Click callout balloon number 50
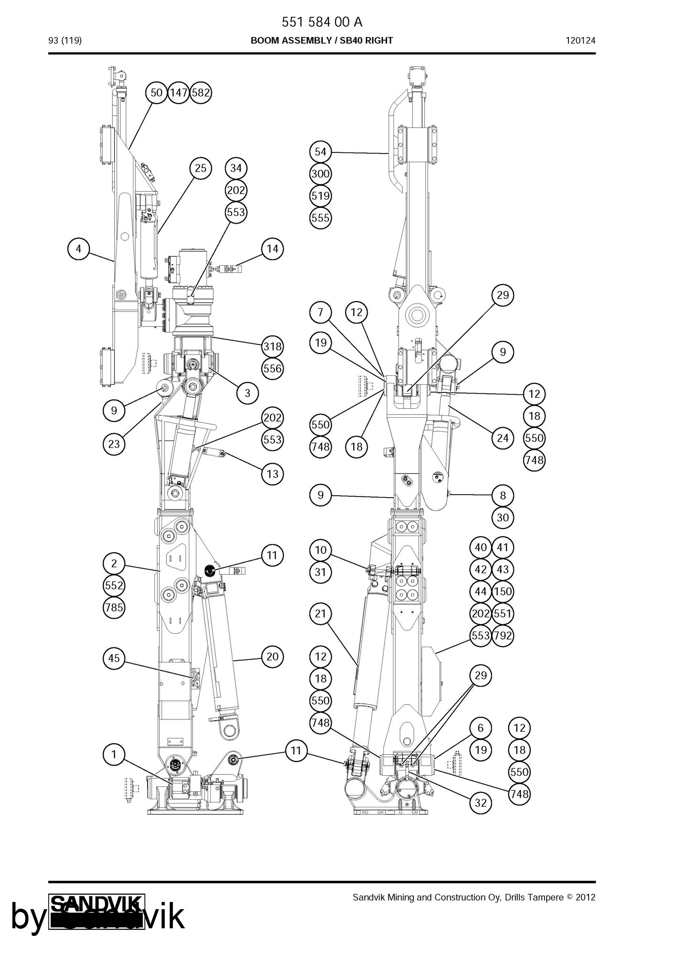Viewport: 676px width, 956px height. [x=156, y=92]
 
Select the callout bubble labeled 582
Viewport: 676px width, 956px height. [x=200, y=92]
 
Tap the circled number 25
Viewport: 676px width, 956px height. [x=201, y=168]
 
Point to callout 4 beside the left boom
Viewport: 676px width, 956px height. [x=78, y=249]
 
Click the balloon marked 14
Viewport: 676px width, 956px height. [x=273, y=249]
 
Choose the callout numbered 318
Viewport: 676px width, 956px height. [x=273, y=347]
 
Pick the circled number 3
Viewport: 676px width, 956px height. [x=248, y=393]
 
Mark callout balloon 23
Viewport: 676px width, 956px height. [x=114, y=444]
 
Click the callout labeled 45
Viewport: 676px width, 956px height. [x=114, y=658]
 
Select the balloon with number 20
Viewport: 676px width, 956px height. [x=273, y=656]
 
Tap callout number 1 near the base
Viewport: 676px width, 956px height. [x=114, y=754]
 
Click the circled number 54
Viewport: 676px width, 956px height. [x=320, y=152]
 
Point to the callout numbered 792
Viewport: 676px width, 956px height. [x=502, y=635]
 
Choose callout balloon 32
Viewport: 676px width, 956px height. [x=480, y=803]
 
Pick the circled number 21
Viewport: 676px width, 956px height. [x=320, y=613]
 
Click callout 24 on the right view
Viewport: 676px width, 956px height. [x=502, y=438]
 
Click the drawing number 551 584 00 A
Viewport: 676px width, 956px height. [x=322, y=22]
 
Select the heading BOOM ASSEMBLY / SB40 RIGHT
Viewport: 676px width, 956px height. [x=322, y=41]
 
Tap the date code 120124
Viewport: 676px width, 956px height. [x=581, y=41]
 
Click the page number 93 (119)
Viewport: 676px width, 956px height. [x=65, y=41]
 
